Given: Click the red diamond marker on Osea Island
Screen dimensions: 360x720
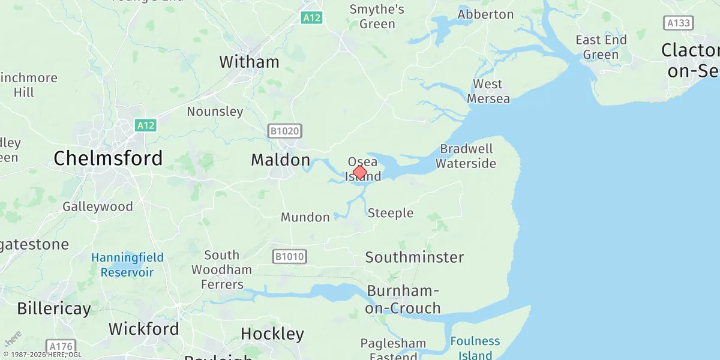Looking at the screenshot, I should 359,173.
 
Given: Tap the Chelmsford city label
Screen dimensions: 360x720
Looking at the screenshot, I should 108,158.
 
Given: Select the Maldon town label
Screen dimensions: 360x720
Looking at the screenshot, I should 280,160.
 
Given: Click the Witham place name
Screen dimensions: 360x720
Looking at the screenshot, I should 249,62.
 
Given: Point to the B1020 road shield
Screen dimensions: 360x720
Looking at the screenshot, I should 284,131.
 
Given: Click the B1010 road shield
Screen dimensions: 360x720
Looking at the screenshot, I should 290,257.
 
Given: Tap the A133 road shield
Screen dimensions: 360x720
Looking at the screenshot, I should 679,23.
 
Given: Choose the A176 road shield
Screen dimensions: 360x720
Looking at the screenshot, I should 61,347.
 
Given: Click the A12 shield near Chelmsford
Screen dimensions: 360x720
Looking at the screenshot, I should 145,125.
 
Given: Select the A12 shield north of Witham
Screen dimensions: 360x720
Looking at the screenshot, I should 311,18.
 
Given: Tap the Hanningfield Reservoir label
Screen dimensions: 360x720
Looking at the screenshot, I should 127,265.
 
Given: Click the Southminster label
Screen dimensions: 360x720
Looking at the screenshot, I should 415,257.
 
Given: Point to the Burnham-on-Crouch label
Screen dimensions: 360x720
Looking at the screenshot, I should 404,299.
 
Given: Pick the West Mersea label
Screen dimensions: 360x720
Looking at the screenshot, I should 488,91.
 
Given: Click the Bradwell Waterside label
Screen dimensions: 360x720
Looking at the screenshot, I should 466,156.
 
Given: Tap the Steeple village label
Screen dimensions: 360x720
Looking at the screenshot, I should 391,213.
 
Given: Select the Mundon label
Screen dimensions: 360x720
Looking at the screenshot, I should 305,217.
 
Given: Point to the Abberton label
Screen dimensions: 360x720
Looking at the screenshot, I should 485,14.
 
